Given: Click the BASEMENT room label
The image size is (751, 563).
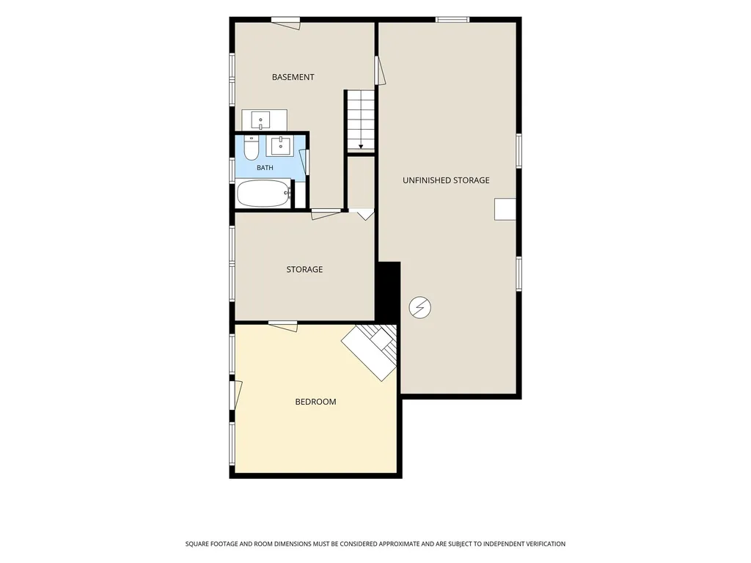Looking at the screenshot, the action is [x=293, y=77].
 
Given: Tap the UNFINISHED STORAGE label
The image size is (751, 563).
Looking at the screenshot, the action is [x=446, y=180].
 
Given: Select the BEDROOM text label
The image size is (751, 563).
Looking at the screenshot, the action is [x=315, y=402].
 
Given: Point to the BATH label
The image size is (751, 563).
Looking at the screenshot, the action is [x=265, y=168].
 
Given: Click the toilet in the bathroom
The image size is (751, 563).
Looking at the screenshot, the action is [x=251, y=147].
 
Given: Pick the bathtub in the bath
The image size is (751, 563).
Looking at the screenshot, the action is [x=264, y=194].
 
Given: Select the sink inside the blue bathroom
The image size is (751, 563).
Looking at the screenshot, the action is [x=279, y=146].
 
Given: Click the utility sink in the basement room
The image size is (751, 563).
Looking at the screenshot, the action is [x=261, y=119].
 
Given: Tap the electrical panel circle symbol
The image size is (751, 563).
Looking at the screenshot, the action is [x=420, y=307].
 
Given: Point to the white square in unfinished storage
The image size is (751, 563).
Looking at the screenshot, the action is [x=505, y=209].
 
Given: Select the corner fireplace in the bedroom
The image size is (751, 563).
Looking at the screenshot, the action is [x=370, y=352].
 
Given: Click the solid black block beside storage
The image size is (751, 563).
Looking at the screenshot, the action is [x=387, y=291].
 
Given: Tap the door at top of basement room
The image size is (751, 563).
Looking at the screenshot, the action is [x=286, y=23].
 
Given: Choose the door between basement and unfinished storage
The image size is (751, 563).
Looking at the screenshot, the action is [x=380, y=70].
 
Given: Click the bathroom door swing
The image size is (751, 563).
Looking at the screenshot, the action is [x=304, y=162].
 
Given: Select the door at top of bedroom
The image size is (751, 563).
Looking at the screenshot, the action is [x=283, y=325].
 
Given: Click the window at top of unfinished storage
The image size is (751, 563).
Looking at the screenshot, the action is [x=452, y=20].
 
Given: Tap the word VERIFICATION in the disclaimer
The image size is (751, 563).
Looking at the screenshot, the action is [x=540, y=544].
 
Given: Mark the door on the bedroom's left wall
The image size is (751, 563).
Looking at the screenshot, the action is [x=235, y=395].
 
